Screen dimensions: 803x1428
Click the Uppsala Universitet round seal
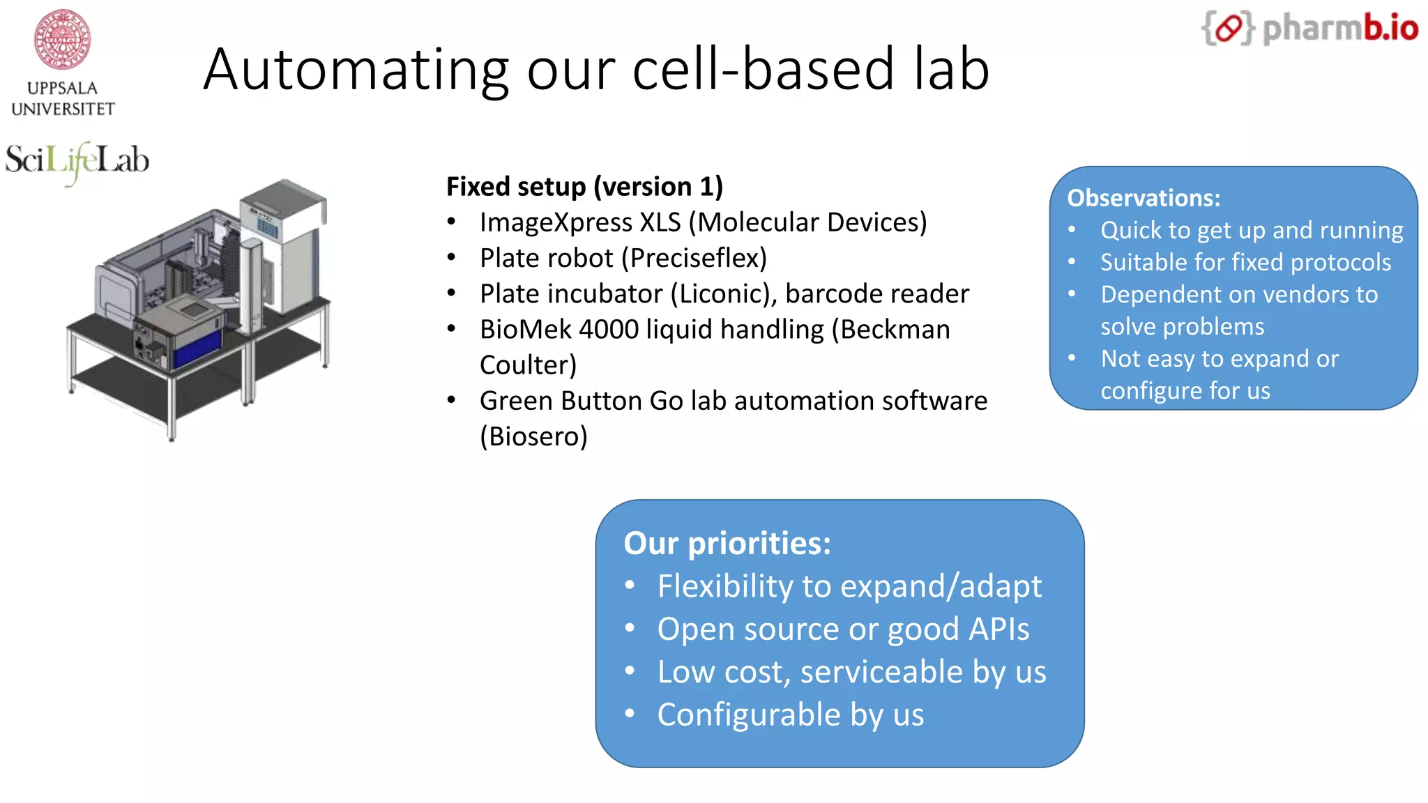coord(63,39)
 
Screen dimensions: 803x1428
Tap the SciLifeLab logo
coord(77,161)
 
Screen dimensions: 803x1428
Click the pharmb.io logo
coord(1309,29)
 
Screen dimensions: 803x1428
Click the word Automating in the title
coord(356,70)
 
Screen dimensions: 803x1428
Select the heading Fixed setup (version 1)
coord(584,187)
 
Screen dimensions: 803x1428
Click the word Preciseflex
coord(694,259)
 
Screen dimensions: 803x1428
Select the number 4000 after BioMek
coord(608,330)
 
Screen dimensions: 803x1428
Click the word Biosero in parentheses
coord(533,437)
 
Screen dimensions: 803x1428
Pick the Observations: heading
coord(1144,198)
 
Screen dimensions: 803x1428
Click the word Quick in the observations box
coord(1130,231)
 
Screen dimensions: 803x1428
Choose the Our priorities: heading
coord(727,544)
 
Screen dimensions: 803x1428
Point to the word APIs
coord(998,629)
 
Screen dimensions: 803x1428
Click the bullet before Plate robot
coord(452,259)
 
